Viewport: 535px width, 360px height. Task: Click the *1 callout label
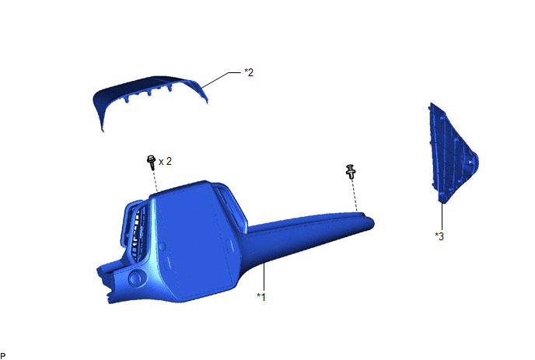(261, 297)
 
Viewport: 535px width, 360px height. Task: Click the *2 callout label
(249, 72)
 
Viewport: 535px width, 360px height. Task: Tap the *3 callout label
(439, 236)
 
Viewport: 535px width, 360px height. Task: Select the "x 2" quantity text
(165, 161)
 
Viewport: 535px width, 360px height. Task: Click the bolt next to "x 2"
(151, 163)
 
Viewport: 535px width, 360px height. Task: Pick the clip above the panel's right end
(351, 171)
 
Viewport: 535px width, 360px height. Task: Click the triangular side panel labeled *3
(452, 153)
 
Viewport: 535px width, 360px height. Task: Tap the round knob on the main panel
(135, 278)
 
